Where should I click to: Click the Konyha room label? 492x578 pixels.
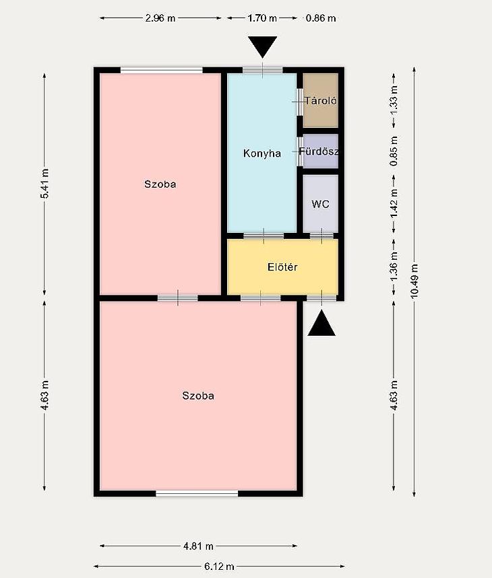pos(262,153)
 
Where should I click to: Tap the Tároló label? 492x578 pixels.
pos(320,100)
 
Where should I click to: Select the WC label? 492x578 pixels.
pos(320,204)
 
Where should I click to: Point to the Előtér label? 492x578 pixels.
pos(282,267)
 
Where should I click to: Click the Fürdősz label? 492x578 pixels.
pos(319,151)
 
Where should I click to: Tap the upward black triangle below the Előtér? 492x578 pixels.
pos(321,323)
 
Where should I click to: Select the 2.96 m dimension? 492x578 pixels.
pos(160,18)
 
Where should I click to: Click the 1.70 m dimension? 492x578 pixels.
pos(262,18)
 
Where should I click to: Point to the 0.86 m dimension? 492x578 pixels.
pos(321,18)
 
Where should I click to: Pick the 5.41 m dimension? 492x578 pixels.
pos(44,183)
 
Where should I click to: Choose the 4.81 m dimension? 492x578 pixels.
pos(198,546)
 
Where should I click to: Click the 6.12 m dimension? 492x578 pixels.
pos(219,566)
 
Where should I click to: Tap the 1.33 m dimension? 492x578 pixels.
pos(394,100)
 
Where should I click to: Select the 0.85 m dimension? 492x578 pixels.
pos(394,151)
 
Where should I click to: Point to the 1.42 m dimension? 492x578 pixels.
pos(394,203)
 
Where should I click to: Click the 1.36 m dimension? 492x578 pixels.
pos(394,266)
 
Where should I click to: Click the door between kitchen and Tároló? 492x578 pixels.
pos(300,102)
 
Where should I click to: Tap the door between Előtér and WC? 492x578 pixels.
pos(321,236)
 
